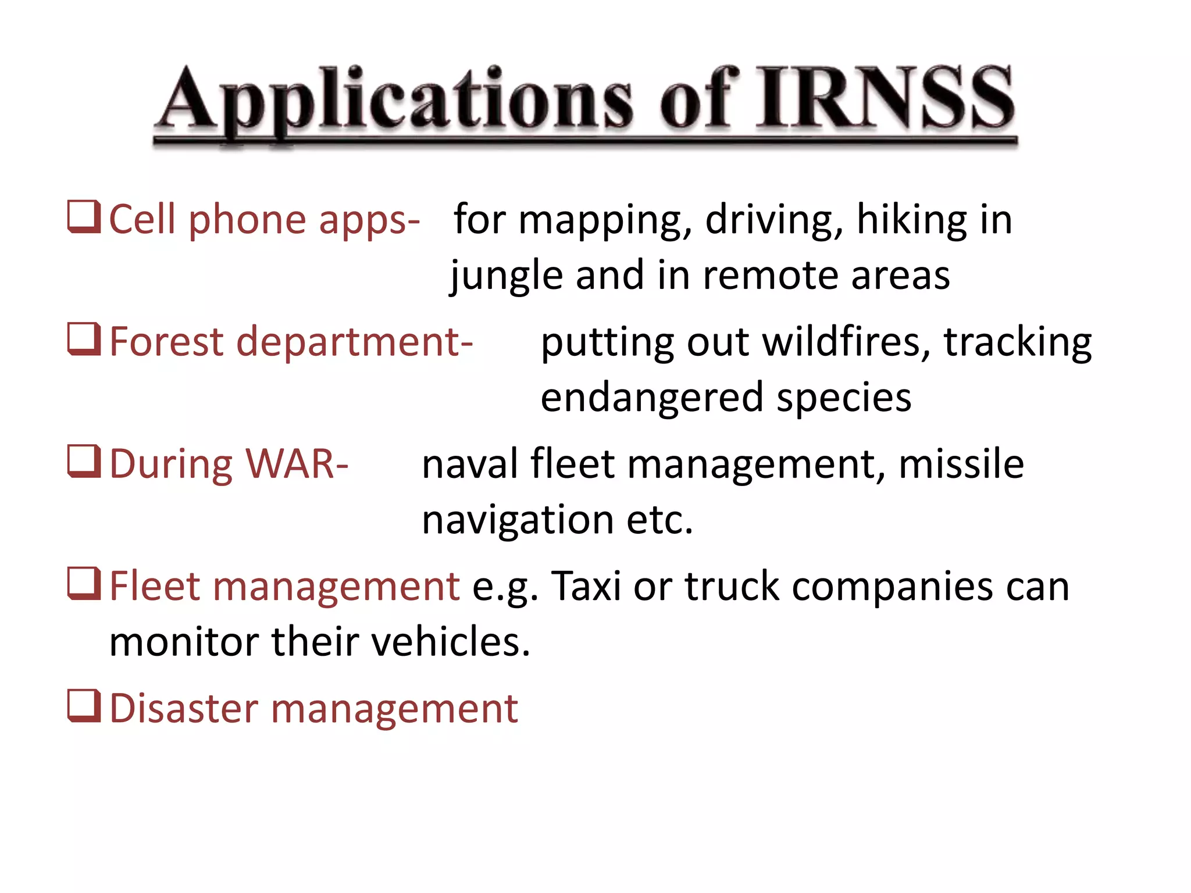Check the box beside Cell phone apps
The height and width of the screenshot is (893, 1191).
point(84,217)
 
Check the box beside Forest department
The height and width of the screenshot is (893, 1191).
point(84,339)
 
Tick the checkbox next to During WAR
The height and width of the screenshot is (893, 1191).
point(84,462)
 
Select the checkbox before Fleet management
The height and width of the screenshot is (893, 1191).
point(84,584)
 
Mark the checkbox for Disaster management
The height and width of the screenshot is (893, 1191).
point(84,706)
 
